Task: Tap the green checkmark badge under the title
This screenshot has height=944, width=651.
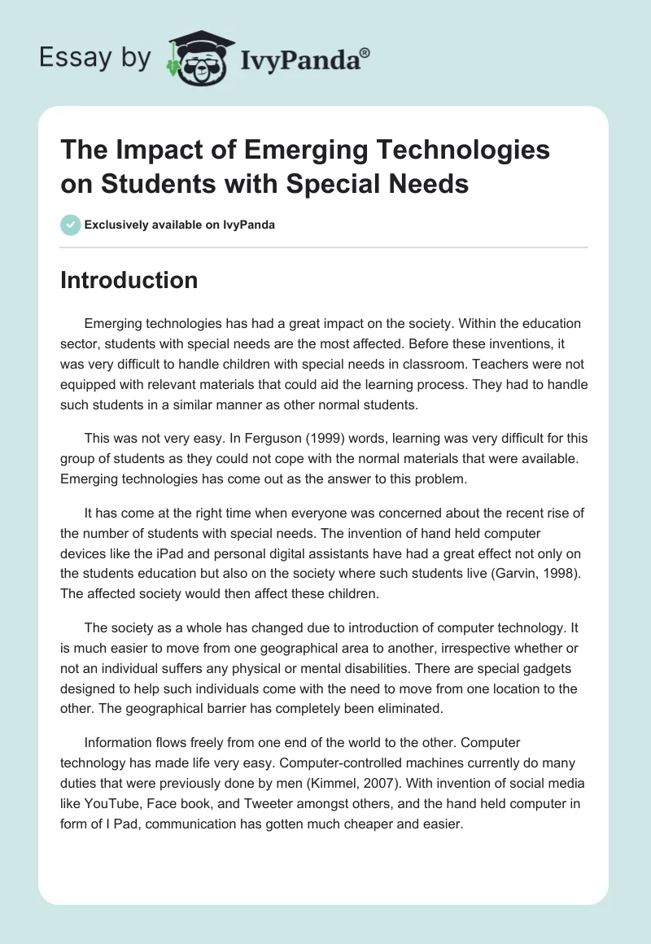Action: tap(70, 225)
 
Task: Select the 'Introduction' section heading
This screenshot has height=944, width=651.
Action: tap(129, 280)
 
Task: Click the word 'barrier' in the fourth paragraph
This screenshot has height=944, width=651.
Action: tap(242, 708)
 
